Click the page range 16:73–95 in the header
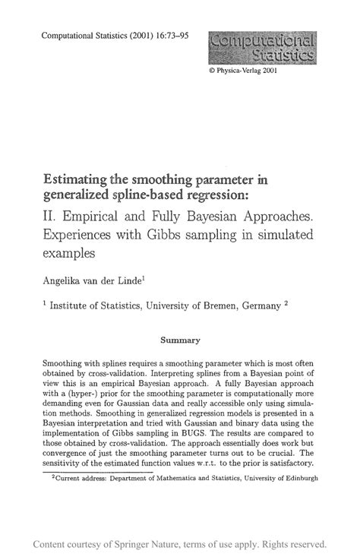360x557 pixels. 157,35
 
